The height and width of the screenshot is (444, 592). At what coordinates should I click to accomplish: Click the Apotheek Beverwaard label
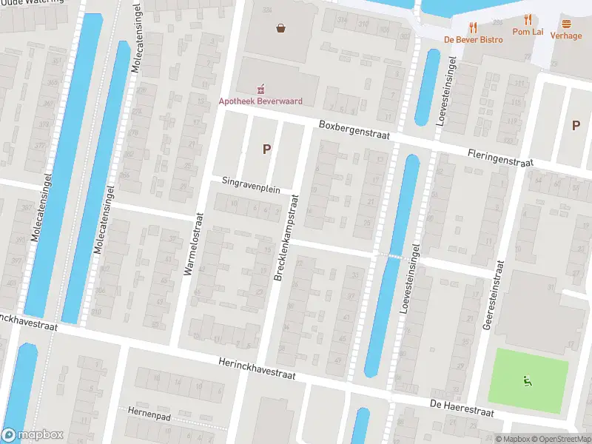point(260,101)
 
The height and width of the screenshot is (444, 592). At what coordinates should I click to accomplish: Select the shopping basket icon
point(281,29)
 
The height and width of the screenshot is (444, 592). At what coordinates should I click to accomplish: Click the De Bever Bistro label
point(473,40)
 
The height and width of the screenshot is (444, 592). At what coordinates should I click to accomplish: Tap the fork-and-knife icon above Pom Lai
point(528,20)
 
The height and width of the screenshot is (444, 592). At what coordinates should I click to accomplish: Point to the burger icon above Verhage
point(566,24)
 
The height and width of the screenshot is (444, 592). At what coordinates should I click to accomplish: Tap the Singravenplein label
point(251,185)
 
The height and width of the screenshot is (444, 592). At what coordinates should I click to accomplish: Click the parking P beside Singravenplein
point(267,149)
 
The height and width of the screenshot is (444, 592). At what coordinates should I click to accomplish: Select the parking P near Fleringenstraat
point(576,125)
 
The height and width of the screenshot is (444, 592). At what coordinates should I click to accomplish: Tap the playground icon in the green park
point(528,382)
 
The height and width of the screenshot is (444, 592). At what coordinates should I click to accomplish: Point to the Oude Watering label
point(23,3)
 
